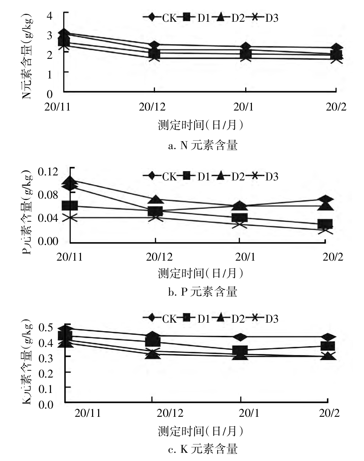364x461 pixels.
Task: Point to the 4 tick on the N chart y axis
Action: pos(50,16)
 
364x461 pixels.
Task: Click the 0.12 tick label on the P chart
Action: pos(48,171)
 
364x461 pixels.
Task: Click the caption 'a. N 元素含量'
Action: pos(202,145)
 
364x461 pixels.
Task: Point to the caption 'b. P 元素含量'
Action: pos(202,292)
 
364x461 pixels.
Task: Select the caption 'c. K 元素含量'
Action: pos(202,449)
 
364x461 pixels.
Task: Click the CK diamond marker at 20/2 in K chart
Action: pos(328,337)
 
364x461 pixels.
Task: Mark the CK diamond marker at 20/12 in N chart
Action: pos(154,45)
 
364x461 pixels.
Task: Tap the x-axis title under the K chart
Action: pos(201,431)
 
